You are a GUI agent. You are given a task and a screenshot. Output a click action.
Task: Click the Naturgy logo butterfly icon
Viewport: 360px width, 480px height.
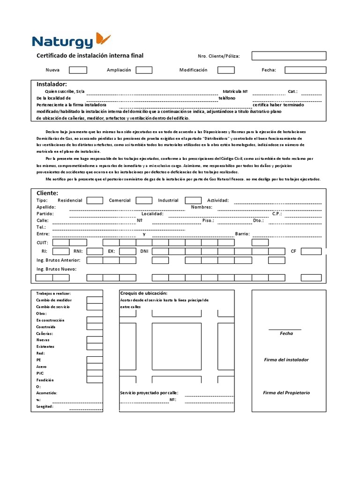pos(103,39)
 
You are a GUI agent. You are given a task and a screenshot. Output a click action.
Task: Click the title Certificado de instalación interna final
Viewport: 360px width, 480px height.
pos(90,56)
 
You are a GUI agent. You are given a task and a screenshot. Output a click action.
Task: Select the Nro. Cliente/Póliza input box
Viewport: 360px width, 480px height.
pos(288,56)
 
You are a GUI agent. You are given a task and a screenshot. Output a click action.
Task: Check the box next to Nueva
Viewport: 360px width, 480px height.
pos(78,70)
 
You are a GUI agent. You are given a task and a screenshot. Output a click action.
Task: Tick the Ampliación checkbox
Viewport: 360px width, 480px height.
pos(144,70)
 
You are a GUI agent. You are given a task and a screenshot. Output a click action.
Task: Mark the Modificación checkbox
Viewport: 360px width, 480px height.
pos(226,70)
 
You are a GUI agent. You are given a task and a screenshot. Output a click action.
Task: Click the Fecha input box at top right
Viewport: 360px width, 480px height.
pos(305,70)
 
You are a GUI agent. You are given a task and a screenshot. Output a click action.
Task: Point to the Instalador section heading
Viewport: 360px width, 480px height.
pos(52,84)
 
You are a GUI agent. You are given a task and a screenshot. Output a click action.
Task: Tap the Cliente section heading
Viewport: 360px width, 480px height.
pos(47,193)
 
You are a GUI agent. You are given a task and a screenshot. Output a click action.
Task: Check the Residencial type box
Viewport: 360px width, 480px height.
pos(95,201)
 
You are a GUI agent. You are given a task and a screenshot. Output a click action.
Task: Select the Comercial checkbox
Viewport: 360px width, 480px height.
pos(144,201)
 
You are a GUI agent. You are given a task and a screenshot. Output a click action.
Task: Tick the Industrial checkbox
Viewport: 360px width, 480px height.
pos(193,201)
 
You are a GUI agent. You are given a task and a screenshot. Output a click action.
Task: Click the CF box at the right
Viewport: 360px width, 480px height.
pos(311,252)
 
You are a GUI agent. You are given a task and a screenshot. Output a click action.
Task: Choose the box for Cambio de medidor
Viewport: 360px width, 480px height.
pos(95,300)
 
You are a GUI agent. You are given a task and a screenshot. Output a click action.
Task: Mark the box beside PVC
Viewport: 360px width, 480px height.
pos(95,373)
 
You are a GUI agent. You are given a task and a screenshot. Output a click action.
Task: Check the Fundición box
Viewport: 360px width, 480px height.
pos(95,380)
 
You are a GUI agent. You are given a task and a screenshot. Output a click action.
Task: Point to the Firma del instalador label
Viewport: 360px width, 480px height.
pos(286,360)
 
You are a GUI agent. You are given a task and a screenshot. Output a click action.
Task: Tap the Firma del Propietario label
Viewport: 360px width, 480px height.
pos(286,393)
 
